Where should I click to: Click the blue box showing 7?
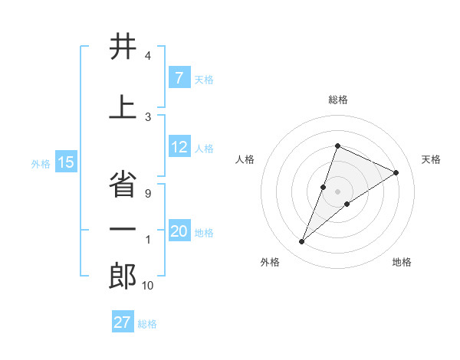pyautogui.click(x=179, y=78)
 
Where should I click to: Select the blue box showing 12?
pyautogui.click(x=179, y=148)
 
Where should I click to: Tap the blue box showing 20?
pyautogui.click(x=179, y=231)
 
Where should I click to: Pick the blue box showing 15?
pyautogui.click(x=66, y=162)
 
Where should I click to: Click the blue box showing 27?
pyautogui.click(x=122, y=322)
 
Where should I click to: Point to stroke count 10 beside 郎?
pyautogui.click(x=147, y=286)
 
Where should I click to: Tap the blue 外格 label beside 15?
pyautogui.click(x=41, y=163)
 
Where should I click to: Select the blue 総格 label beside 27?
pyautogui.click(x=147, y=323)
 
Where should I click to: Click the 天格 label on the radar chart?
pyautogui.click(x=431, y=159)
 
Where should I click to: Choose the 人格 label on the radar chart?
pyautogui.click(x=245, y=159)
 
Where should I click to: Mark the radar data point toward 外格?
pyautogui.click(x=301, y=242)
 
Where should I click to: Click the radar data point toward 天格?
pyautogui.click(x=396, y=173)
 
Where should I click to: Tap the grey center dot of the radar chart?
pyautogui.click(x=338, y=191)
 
